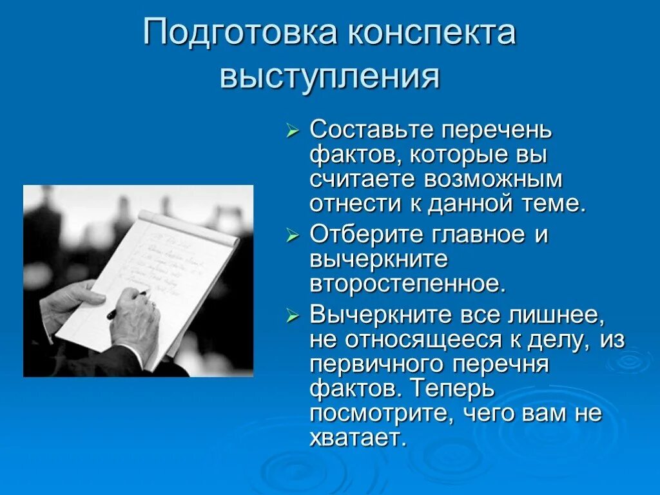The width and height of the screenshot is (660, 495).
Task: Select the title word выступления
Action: pyautogui.click(x=329, y=77)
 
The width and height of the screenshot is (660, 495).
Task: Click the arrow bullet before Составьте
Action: pyautogui.click(x=293, y=131)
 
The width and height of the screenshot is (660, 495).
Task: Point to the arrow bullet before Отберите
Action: pyautogui.click(x=293, y=235)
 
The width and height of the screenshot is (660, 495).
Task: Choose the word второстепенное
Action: pyautogui.click(x=408, y=283)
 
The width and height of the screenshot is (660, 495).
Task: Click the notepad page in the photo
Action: pyautogui.click(x=168, y=264)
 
